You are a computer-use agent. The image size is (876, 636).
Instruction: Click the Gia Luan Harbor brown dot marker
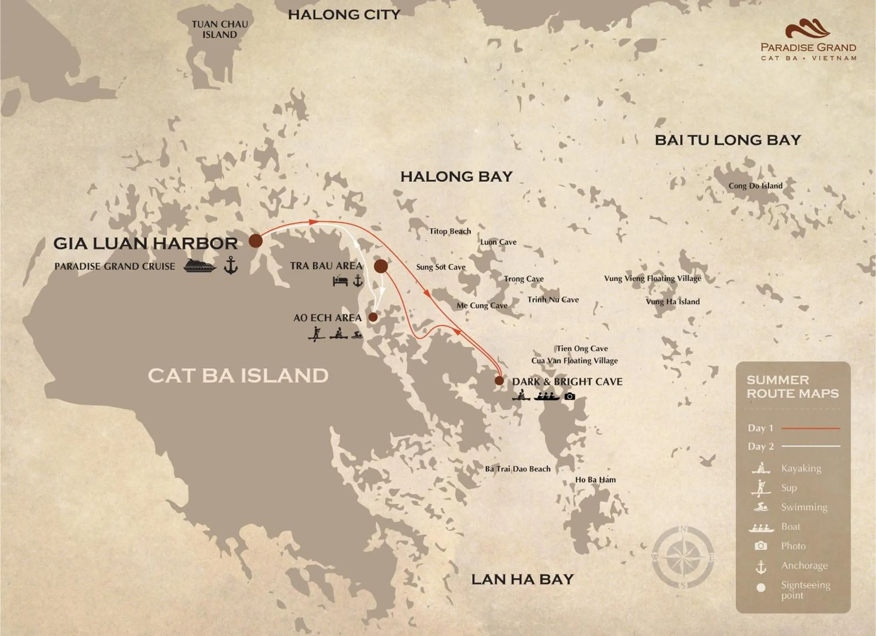point(255,240)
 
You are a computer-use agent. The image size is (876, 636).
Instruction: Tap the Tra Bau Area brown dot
point(381,266)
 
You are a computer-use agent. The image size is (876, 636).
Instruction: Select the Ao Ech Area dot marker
point(373,317)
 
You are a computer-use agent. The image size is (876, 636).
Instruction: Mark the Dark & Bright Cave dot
point(499,380)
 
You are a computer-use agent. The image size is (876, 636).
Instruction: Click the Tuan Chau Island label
point(219,30)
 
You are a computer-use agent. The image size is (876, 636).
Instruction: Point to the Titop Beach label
point(450,231)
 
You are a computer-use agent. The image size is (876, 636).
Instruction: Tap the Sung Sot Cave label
point(441,267)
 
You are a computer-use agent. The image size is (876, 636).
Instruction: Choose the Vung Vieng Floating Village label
point(652,278)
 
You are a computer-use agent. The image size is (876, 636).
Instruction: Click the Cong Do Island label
point(755,185)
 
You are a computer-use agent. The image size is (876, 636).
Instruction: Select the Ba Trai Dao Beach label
point(517,469)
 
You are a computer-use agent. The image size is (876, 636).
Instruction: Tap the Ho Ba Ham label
point(595,479)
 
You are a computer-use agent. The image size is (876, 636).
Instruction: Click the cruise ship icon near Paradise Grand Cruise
point(200,266)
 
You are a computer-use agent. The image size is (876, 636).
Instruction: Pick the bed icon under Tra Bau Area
point(340,281)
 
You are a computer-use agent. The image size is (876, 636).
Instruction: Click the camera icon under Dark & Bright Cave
point(570,396)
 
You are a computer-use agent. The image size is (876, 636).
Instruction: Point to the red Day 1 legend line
point(810,428)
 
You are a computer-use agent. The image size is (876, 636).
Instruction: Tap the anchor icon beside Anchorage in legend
point(760,567)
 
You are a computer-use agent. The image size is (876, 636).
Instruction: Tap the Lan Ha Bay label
point(522,579)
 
